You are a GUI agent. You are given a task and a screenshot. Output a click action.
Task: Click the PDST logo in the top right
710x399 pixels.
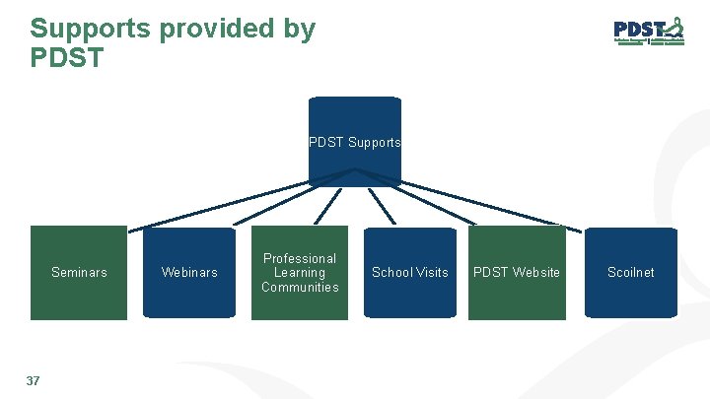pyautogui.click(x=648, y=32)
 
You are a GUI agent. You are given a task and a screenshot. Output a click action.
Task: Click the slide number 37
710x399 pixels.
pyautogui.click(x=33, y=380)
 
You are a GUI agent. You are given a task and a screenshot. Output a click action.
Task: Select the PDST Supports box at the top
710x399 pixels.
pyautogui.click(x=355, y=141)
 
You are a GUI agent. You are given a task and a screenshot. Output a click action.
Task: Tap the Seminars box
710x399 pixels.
pyautogui.click(x=79, y=273)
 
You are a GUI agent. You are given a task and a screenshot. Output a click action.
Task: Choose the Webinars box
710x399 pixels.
pyautogui.click(x=189, y=273)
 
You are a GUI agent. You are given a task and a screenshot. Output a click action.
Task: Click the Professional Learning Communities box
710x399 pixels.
pyautogui.click(x=300, y=273)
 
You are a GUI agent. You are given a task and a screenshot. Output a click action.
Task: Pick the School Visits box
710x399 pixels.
pyautogui.click(x=410, y=273)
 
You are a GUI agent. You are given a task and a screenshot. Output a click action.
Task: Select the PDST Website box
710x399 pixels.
pyautogui.click(x=517, y=273)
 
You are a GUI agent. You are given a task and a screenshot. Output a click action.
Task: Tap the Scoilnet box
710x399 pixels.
pyautogui.click(x=631, y=273)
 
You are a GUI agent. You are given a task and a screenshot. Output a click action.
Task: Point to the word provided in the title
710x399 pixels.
pyautogui.click(x=214, y=29)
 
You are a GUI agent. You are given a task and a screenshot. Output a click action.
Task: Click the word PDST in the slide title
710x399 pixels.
pyautogui.click(x=66, y=58)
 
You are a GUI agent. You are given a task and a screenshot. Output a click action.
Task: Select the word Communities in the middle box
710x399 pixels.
pyautogui.click(x=300, y=288)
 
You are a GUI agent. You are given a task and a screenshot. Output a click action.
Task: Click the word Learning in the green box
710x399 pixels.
pyautogui.click(x=300, y=273)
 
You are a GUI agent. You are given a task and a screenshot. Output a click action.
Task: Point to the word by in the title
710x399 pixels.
pyautogui.click(x=298, y=29)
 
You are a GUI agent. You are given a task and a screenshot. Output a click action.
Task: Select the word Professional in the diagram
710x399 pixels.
pyautogui.click(x=300, y=259)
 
